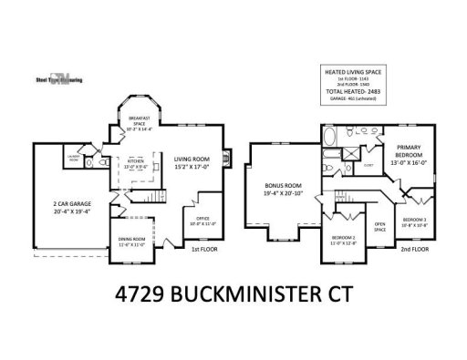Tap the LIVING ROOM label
tap(192, 163)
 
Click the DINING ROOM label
tap(132, 242)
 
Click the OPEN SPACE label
tap(380, 226)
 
